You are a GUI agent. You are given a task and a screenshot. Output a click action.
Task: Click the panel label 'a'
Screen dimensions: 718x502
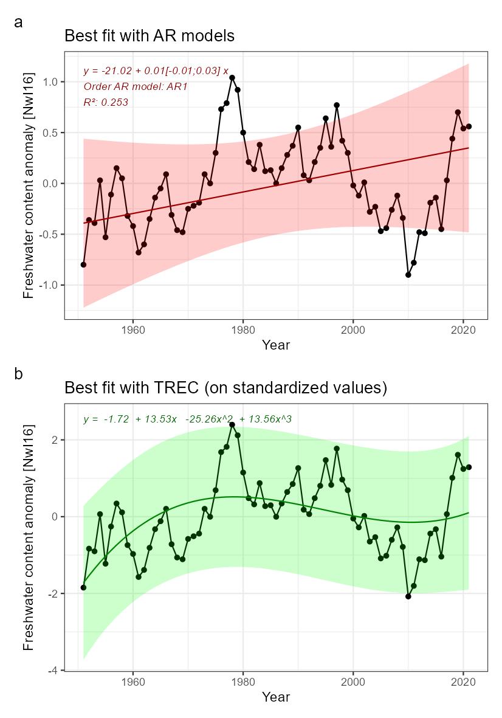18,23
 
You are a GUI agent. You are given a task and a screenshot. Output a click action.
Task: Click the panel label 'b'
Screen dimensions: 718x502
18,374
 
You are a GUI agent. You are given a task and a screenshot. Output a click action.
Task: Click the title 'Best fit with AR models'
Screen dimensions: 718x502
150,36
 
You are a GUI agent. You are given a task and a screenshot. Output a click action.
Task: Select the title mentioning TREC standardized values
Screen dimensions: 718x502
225,387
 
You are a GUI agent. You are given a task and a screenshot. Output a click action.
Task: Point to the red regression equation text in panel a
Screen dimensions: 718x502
156,71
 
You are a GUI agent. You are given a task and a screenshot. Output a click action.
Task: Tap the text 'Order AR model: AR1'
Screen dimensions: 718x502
135,87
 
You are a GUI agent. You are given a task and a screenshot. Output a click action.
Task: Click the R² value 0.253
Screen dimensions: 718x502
106,103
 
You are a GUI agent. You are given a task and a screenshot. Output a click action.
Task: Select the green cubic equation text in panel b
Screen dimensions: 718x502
187,419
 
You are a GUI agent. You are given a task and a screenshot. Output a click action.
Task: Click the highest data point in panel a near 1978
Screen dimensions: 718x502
232,78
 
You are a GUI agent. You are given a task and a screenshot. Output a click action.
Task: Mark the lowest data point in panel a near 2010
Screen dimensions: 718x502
408,275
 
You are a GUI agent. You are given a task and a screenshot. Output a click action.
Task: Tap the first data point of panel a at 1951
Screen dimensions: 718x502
83,264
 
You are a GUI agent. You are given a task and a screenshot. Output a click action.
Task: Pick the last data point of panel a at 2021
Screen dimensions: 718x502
469,126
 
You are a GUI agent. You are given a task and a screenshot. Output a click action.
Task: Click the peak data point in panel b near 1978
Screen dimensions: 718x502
232,424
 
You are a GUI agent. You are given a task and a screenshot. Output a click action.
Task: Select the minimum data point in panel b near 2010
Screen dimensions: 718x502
408,596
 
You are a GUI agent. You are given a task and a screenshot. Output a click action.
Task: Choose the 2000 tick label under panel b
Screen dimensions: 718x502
353,682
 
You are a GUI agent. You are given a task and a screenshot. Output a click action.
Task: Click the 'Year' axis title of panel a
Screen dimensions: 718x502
276,345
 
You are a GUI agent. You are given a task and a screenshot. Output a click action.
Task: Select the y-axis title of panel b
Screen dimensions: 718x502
29,537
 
